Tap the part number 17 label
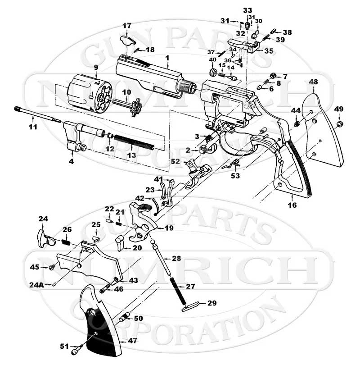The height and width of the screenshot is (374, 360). pyautogui.click(x=127, y=26)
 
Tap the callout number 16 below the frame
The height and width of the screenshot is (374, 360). pyautogui.click(x=292, y=205)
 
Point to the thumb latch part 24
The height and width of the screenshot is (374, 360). pyautogui.click(x=45, y=237)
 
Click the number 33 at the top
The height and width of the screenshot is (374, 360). pyautogui.click(x=248, y=10)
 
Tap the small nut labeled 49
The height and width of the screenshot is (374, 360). pyautogui.click(x=340, y=122)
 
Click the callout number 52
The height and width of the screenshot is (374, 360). pyautogui.click(x=175, y=161)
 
